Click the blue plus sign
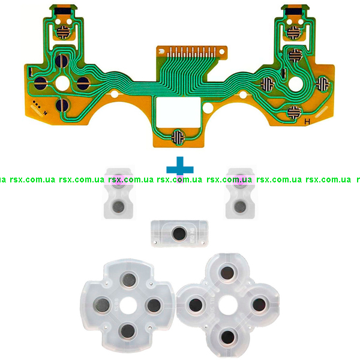[x=180, y=169]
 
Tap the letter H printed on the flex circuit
[x=307, y=122]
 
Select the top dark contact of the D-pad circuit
[x=62, y=61]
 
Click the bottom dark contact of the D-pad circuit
[x=62, y=105]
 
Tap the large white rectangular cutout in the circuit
[x=178, y=111]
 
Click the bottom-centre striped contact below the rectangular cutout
[x=178, y=137]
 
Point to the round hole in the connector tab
[x=222, y=52]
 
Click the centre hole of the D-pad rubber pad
[x=128, y=305]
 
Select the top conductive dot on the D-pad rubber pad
[x=129, y=280]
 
